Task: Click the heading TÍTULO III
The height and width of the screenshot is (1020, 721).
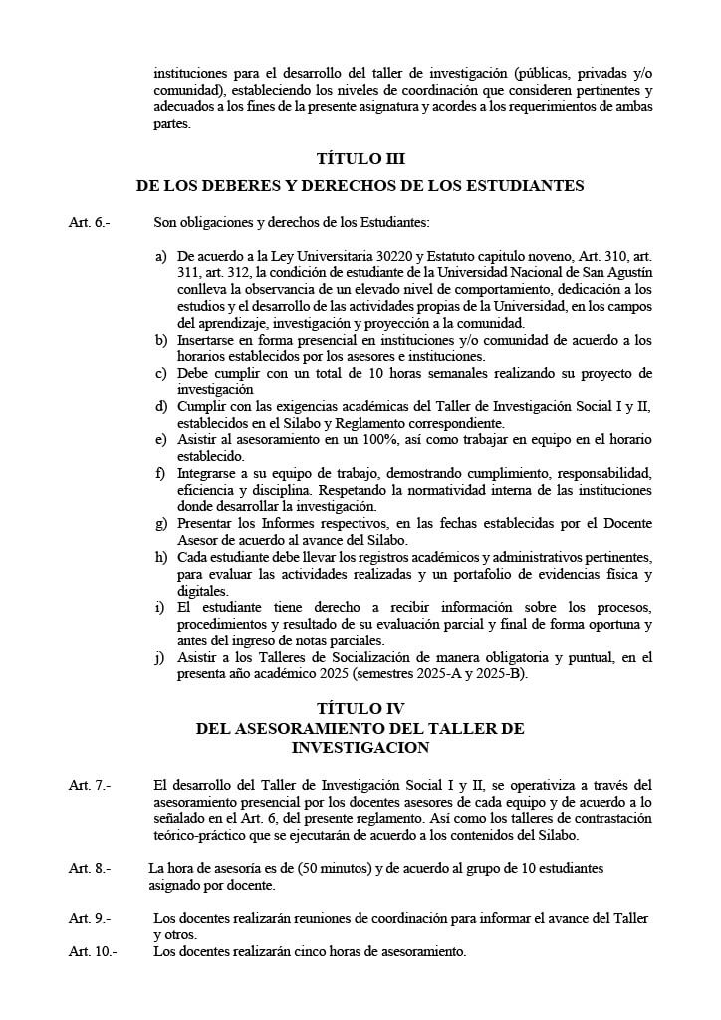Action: pos(360,158)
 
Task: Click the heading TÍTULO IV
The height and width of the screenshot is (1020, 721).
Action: pos(360,710)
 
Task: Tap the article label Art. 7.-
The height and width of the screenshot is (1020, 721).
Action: pos(89,786)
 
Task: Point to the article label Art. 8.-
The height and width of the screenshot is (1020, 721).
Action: pos(89,868)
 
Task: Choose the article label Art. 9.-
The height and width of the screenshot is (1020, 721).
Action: pos(89,918)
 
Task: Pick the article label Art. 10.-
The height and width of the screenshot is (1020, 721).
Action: pos(92,951)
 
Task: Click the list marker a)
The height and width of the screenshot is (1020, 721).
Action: pos(161,256)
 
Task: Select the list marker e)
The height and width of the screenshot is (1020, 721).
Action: pos(161,439)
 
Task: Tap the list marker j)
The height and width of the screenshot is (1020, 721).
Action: pos(161,657)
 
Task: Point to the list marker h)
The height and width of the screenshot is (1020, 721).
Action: pos(161,555)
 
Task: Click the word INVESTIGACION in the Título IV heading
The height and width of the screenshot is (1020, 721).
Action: pos(360,747)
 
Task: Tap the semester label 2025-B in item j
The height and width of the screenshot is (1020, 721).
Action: pos(495,673)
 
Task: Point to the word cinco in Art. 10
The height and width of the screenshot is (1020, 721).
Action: pos(300,951)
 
